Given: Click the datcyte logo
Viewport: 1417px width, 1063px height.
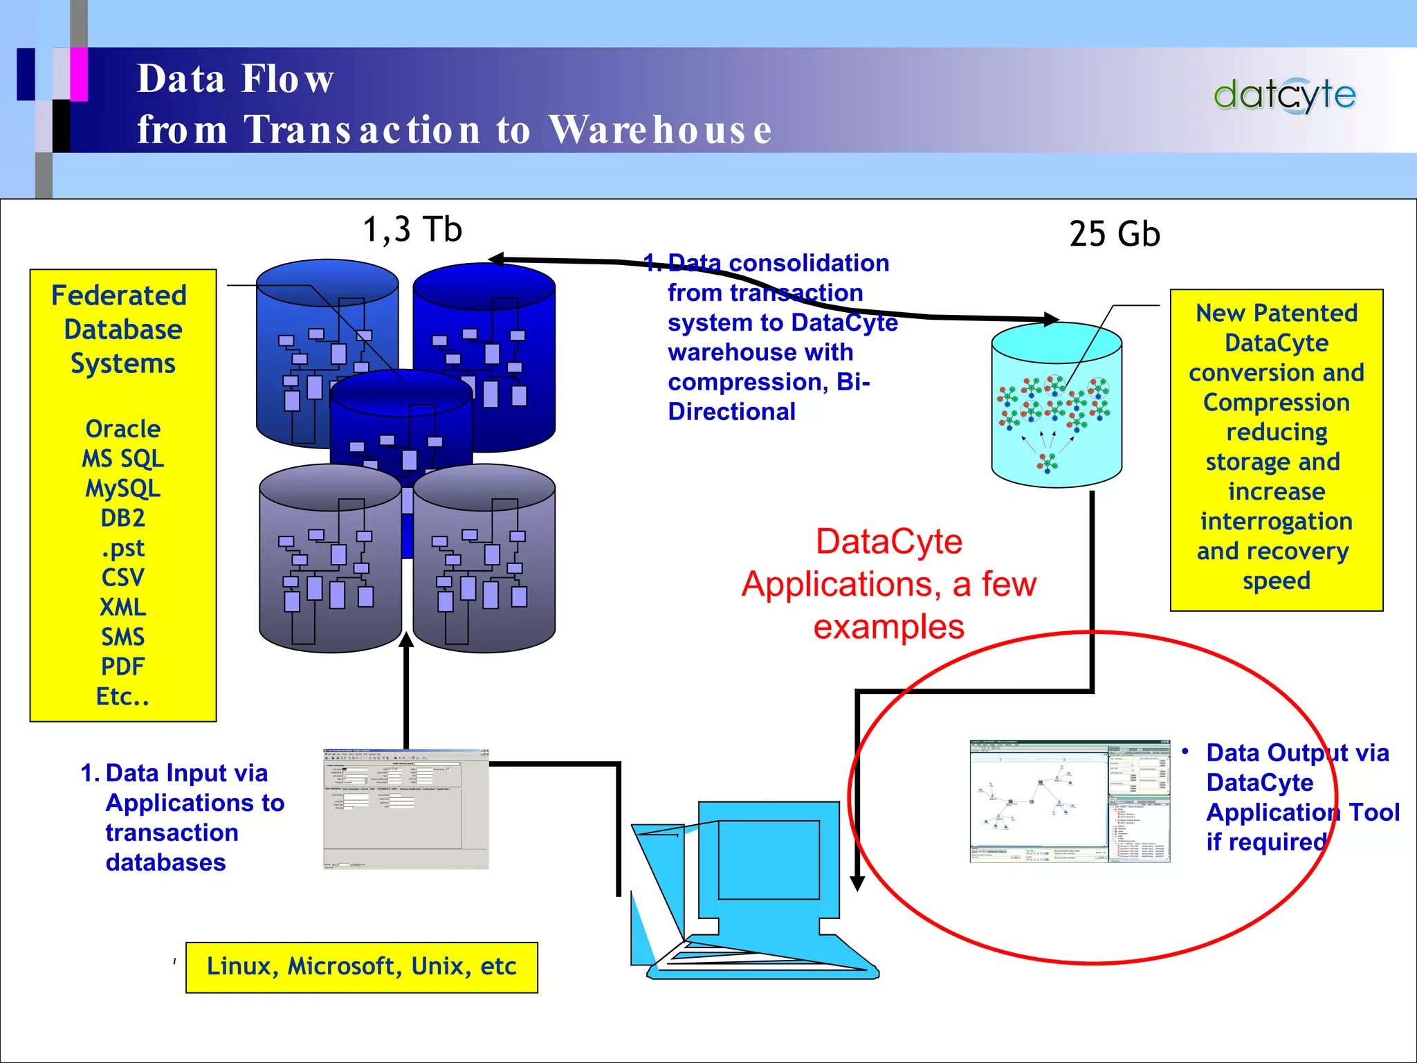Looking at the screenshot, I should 1284,95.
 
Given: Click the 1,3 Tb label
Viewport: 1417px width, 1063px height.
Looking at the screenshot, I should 412,229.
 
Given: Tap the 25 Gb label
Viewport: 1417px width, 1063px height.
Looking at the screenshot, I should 1114,234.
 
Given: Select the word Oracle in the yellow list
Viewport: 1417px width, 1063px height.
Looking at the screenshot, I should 122,429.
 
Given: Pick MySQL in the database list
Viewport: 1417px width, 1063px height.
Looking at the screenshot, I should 122,489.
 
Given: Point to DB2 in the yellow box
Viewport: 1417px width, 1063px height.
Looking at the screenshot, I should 122,518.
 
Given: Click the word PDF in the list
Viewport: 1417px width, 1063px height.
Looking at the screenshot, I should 122,666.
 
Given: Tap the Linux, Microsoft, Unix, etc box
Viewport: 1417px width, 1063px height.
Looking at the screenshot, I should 361,967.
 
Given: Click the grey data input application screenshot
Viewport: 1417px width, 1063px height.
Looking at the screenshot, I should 406,808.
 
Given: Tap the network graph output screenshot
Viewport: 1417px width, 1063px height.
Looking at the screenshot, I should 1070,801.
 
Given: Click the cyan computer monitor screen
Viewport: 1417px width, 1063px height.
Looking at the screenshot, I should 768,860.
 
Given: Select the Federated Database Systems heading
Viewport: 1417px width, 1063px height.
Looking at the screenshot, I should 122,329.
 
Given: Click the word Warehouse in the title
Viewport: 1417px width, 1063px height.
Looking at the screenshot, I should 660,129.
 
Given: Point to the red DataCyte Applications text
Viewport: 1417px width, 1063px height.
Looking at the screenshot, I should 888,584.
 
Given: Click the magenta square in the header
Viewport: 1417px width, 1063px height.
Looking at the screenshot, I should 79,74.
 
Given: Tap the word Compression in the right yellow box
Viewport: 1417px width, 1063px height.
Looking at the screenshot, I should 1276,402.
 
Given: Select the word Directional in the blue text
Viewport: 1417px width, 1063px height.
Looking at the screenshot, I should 731,412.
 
